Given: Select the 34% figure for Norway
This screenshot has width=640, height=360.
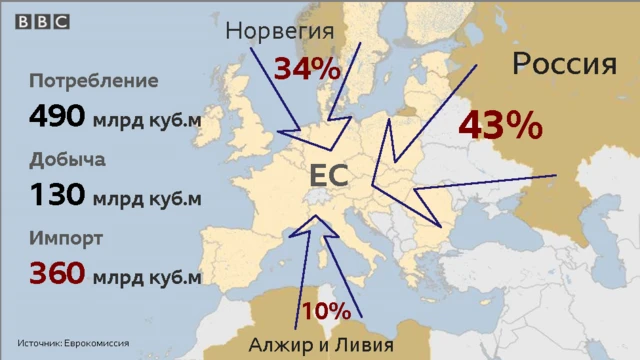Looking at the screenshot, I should (308, 70).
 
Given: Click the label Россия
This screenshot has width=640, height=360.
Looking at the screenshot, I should (564, 65).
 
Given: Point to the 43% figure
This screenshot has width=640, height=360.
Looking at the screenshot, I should (501, 126).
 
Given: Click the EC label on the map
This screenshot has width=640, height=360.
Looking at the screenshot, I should (328, 176).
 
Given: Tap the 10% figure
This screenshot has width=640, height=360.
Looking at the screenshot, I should (326, 311).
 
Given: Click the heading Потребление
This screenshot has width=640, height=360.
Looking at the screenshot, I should (94, 80).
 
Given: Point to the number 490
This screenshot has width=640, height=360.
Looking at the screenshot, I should (57, 117).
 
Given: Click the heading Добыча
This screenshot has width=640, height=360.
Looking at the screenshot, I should (68, 160).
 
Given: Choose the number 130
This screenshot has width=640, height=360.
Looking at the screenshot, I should (57, 195).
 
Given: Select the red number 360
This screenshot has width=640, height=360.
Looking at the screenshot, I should (57, 274).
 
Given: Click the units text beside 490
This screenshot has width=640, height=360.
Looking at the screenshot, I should (147, 120).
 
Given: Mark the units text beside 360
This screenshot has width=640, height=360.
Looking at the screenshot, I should (147, 277).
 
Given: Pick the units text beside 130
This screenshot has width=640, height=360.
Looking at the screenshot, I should (147, 198).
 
